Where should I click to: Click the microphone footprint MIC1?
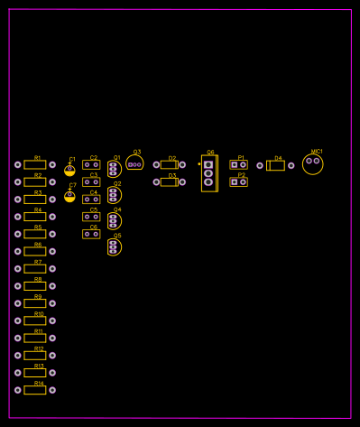pyautogui.click(x=312, y=163)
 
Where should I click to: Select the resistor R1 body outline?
pyautogui.click(x=35, y=165)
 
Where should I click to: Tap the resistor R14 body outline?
pyautogui.click(x=35, y=390)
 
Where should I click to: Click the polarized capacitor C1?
pyautogui.click(x=69, y=170)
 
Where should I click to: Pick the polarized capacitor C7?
pyautogui.click(x=69, y=196)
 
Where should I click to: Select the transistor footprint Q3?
pyautogui.click(x=134, y=163)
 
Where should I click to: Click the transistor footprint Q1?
pyautogui.click(x=114, y=169)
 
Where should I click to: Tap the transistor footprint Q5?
pyautogui.click(x=114, y=246)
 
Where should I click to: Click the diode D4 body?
pyautogui.click(x=275, y=165)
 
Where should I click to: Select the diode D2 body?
pyautogui.click(x=169, y=164)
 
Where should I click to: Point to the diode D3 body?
pyautogui.click(x=169, y=181)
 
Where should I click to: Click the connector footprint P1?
pyautogui.click(x=238, y=164)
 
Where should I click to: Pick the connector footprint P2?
pyautogui.click(x=238, y=181)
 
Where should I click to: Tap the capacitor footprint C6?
pyautogui.click(x=91, y=234)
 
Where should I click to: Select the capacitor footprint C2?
pyautogui.click(x=91, y=164)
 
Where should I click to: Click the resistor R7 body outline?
pyautogui.click(x=35, y=269)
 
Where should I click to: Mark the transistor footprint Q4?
pyautogui.click(x=114, y=220)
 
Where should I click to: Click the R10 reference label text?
pyautogui.click(x=39, y=313)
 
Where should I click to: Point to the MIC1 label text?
pyautogui.click(x=317, y=151)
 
